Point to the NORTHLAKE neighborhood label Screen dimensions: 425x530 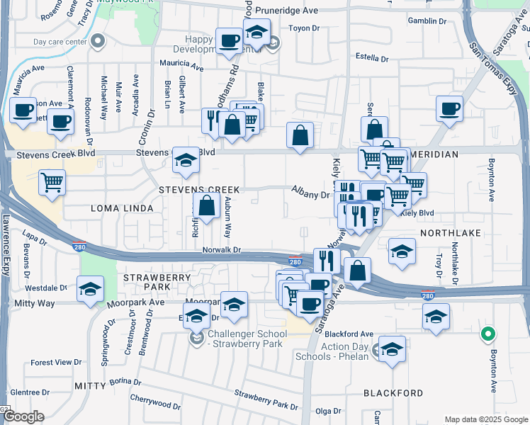point(451,232)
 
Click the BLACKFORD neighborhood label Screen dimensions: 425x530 point(393,392)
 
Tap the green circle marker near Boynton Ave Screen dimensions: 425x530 point(487,334)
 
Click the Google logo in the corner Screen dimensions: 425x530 point(23,416)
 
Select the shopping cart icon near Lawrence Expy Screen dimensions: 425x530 point(52,183)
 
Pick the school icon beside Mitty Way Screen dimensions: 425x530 point(91,289)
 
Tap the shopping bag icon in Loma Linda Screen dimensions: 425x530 point(206,206)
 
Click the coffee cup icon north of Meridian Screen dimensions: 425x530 point(449,108)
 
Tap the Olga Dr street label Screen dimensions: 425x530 point(328,411)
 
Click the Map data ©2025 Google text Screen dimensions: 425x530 point(486,419)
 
